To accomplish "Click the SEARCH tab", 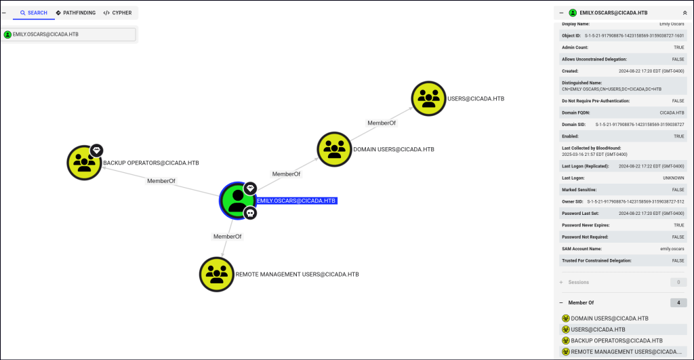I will tap(34, 13).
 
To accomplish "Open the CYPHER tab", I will tap(117, 13).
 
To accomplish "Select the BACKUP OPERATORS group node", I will tap(84, 162).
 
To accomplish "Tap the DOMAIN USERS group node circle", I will tap(335, 149).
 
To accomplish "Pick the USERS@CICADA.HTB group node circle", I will tap(428, 99).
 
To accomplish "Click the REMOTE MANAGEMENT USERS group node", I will tap(216, 274).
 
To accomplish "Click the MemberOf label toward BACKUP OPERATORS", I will tap(161, 181).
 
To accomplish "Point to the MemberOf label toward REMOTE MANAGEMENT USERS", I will tap(227, 237).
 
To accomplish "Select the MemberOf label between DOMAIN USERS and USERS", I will tap(382, 123).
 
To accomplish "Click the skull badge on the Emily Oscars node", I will tap(249, 214).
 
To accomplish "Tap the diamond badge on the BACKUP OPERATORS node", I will tap(96, 149).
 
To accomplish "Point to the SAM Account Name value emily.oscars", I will tap(672, 249).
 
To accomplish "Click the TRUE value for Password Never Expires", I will tap(678, 225).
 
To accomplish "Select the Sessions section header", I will tap(578, 282).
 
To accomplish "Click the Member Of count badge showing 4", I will tap(678, 302).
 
